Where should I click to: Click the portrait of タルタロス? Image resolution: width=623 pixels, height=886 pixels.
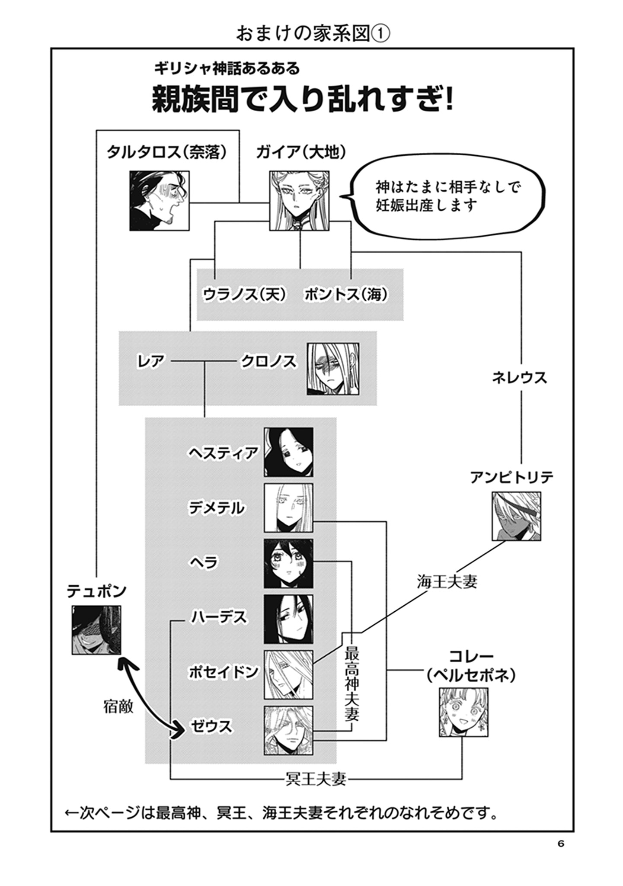click(x=160, y=200)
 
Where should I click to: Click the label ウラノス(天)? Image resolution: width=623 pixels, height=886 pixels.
click(x=245, y=295)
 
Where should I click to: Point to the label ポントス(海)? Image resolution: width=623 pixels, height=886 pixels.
click(x=346, y=295)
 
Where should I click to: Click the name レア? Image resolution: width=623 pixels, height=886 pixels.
click(x=150, y=361)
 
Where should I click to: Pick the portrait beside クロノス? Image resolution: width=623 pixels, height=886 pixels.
click(x=333, y=369)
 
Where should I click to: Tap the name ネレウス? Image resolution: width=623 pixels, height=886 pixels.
click(x=519, y=378)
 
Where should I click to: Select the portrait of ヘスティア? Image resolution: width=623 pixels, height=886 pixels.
click(x=288, y=452)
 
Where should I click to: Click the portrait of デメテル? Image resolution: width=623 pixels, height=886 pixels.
click(x=288, y=507)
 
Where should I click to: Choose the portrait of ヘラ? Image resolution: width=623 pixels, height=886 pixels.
click(x=288, y=563)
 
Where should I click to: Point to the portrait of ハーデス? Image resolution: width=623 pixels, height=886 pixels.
click(x=288, y=619)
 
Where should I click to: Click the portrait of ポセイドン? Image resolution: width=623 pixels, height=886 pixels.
click(x=288, y=674)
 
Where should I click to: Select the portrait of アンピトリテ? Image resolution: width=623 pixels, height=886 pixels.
click(x=516, y=516)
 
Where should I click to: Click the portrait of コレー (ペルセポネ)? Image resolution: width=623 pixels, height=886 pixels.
click(x=463, y=712)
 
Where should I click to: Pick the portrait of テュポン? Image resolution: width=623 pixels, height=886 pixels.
click(x=96, y=629)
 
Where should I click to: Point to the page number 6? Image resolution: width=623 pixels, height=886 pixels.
click(x=561, y=844)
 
